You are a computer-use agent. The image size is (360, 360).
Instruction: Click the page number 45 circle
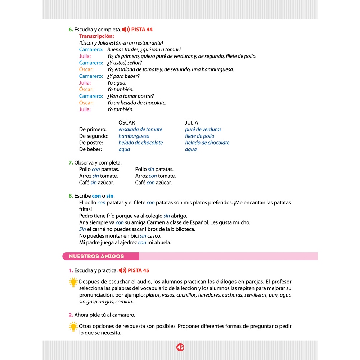[x=180, y=347]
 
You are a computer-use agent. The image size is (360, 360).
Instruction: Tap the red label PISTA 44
[x=142, y=30]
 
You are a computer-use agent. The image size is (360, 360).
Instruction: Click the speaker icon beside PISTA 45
[x=122, y=270]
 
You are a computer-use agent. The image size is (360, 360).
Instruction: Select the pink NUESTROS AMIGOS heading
[x=96, y=256]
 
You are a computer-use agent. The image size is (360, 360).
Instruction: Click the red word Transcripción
[x=96, y=36]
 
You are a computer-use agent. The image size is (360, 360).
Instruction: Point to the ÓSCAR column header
[x=127, y=123]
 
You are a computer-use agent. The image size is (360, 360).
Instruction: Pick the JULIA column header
[x=192, y=123]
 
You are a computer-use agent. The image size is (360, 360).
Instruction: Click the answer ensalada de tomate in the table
[x=140, y=129]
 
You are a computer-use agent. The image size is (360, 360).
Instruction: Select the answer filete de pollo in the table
[x=199, y=136]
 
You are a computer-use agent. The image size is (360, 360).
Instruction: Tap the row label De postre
[x=91, y=143]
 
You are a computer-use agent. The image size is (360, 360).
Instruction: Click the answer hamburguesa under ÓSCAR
[x=134, y=136]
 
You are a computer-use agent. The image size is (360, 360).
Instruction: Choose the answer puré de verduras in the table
[x=203, y=129]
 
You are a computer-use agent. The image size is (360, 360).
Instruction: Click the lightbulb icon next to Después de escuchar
[x=73, y=282]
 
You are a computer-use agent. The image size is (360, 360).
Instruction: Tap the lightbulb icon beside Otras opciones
[x=73, y=327]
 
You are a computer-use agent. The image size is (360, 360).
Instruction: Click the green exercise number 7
[x=71, y=163]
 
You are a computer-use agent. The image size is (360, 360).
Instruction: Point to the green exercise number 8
[x=71, y=196]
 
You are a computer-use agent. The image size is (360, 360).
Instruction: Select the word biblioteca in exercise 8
[x=182, y=229]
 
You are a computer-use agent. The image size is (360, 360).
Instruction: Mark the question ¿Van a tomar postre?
[x=131, y=96]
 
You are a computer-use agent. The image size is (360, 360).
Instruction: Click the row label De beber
[x=90, y=149]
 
